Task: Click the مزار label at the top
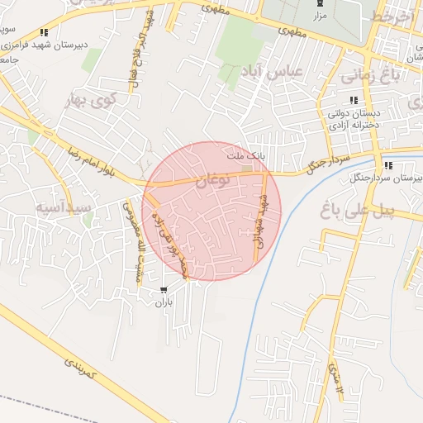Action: pyautogui.click(x=320, y=16)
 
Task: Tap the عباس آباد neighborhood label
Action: pyautogui.click(x=272, y=73)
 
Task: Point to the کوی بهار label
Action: pyautogui.click(x=92, y=102)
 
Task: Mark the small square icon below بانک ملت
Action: pyautogui.click(x=246, y=169)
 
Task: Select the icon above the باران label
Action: pyautogui.click(x=164, y=290)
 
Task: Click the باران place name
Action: pyautogui.click(x=164, y=302)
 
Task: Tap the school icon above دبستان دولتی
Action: pyautogui.click(x=354, y=100)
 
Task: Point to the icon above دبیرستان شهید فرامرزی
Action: pyautogui.click(x=43, y=33)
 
